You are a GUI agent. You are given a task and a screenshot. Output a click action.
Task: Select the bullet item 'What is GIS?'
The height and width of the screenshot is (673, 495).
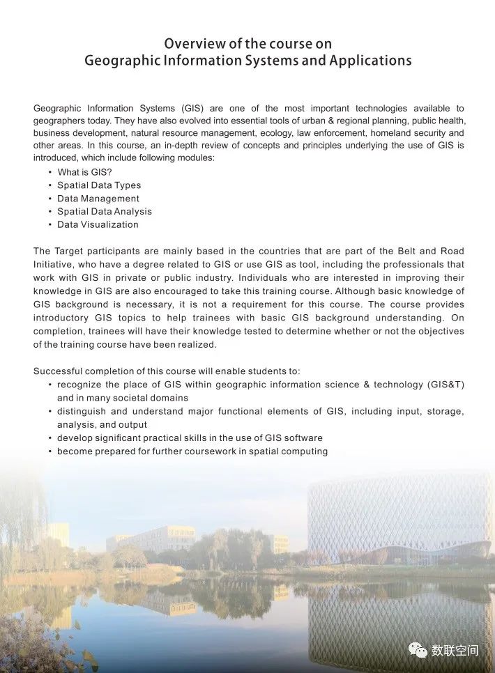[x=84, y=172]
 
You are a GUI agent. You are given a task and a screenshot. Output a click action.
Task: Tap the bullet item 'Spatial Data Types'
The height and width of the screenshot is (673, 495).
[x=99, y=185]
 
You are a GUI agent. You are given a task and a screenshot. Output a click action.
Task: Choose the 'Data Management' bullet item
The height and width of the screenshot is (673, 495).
[x=98, y=199]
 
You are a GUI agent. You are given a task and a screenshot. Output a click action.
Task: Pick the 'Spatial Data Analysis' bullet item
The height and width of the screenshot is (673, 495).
[x=105, y=211]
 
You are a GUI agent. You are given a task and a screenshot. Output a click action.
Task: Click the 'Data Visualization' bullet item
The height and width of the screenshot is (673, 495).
[x=98, y=224]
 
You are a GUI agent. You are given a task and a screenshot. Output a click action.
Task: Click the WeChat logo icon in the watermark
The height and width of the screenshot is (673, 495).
[x=418, y=650]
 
